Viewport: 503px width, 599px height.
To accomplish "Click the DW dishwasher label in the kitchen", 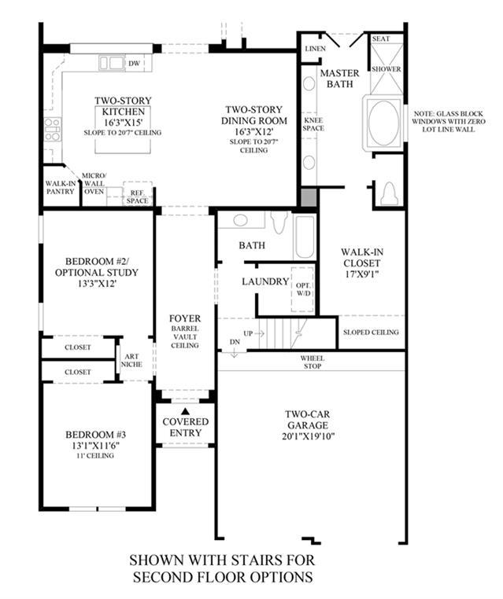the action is click(x=134, y=64).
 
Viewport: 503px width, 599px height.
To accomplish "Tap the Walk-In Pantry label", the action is click(x=61, y=187).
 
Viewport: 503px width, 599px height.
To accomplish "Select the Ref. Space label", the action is click(x=137, y=197).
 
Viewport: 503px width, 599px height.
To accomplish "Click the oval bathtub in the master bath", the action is click(x=383, y=123).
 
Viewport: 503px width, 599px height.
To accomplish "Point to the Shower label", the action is click(x=386, y=69).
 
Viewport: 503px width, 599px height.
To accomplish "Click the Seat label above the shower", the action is click(x=381, y=39).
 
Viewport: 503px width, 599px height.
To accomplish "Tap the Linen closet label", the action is click(x=315, y=49).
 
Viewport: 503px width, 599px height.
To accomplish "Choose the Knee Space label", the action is click(x=313, y=124).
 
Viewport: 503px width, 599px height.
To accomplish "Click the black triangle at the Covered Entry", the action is click(x=186, y=411).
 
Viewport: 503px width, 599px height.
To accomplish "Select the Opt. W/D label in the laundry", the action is click(x=303, y=289).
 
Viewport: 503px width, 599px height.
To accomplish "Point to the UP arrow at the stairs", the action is click(x=260, y=333).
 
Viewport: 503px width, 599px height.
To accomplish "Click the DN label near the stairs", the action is click(x=235, y=341).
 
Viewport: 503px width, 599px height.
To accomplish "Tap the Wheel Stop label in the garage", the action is click(x=313, y=362).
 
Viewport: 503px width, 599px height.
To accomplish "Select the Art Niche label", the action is click(x=131, y=360).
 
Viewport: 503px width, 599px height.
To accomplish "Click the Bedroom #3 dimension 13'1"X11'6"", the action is click(x=95, y=446).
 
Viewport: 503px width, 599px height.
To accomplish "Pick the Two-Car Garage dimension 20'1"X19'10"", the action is click(x=308, y=436).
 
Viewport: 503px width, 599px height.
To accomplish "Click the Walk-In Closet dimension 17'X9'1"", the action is click(x=361, y=274).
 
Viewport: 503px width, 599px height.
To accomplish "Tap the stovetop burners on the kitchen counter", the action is click(x=53, y=129).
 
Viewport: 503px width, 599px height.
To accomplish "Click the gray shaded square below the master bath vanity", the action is click(x=309, y=197).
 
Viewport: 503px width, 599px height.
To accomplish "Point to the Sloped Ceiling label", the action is click(x=371, y=333).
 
